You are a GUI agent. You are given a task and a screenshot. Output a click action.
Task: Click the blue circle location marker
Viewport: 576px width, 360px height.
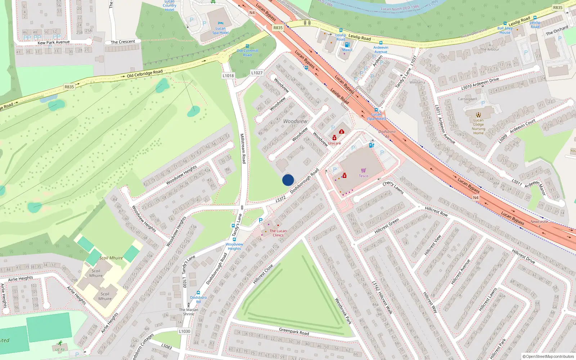(288, 180)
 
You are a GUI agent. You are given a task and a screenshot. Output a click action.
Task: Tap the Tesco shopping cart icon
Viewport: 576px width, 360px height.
(364, 170)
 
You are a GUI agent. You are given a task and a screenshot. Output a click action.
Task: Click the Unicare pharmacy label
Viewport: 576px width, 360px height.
(334, 143)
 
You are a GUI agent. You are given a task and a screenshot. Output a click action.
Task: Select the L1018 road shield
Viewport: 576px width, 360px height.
(228, 76)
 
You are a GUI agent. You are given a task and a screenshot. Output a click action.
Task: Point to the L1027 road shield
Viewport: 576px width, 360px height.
(257, 73)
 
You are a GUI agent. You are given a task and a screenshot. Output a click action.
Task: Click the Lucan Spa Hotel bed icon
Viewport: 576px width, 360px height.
(221, 23)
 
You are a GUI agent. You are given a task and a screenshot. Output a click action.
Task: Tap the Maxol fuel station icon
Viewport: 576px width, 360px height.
(347, 45)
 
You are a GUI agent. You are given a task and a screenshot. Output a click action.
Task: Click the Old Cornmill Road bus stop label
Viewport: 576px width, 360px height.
(247, 53)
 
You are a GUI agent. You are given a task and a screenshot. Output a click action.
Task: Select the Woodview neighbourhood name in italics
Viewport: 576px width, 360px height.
(295, 121)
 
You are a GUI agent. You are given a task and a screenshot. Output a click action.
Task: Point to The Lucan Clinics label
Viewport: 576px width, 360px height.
(278, 233)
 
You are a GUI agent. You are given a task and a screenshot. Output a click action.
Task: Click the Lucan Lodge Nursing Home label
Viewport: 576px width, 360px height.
(478, 127)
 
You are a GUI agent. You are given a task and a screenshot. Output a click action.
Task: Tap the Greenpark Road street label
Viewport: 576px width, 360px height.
(294, 331)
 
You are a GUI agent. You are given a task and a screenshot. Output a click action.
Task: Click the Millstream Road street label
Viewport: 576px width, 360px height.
(243, 148)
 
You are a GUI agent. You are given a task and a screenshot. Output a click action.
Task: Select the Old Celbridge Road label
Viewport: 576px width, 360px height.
(145, 74)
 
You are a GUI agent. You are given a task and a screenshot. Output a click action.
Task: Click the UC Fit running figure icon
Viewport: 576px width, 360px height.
(60, 343)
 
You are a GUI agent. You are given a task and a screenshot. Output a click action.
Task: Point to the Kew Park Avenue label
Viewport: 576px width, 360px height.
(54, 42)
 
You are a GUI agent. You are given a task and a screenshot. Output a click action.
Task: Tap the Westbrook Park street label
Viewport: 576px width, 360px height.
(343, 311)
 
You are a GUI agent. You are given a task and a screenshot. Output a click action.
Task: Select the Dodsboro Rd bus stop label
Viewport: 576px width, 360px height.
(198, 300)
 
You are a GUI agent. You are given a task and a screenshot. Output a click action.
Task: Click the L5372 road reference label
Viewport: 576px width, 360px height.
(281, 199)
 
